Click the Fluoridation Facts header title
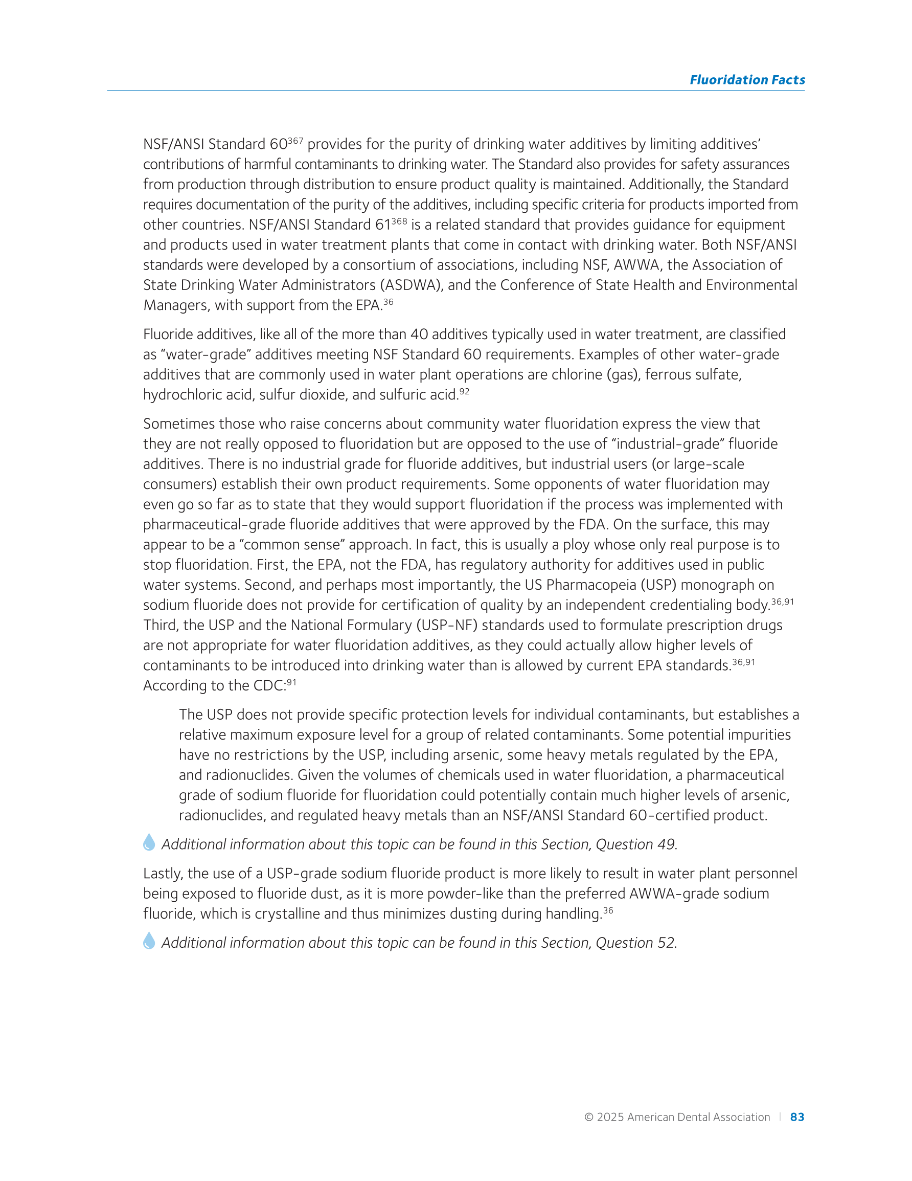(x=746, y=80)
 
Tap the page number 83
(x=797, y=1117)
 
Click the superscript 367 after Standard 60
(x=295, y=141)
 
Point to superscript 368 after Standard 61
(x=399, y=221)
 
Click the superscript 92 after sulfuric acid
(x=464, y=391)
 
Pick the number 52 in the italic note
(x=666, y=943)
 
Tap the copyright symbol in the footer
(x=589, y=1117)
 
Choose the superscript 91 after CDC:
(x=291, y=682)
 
